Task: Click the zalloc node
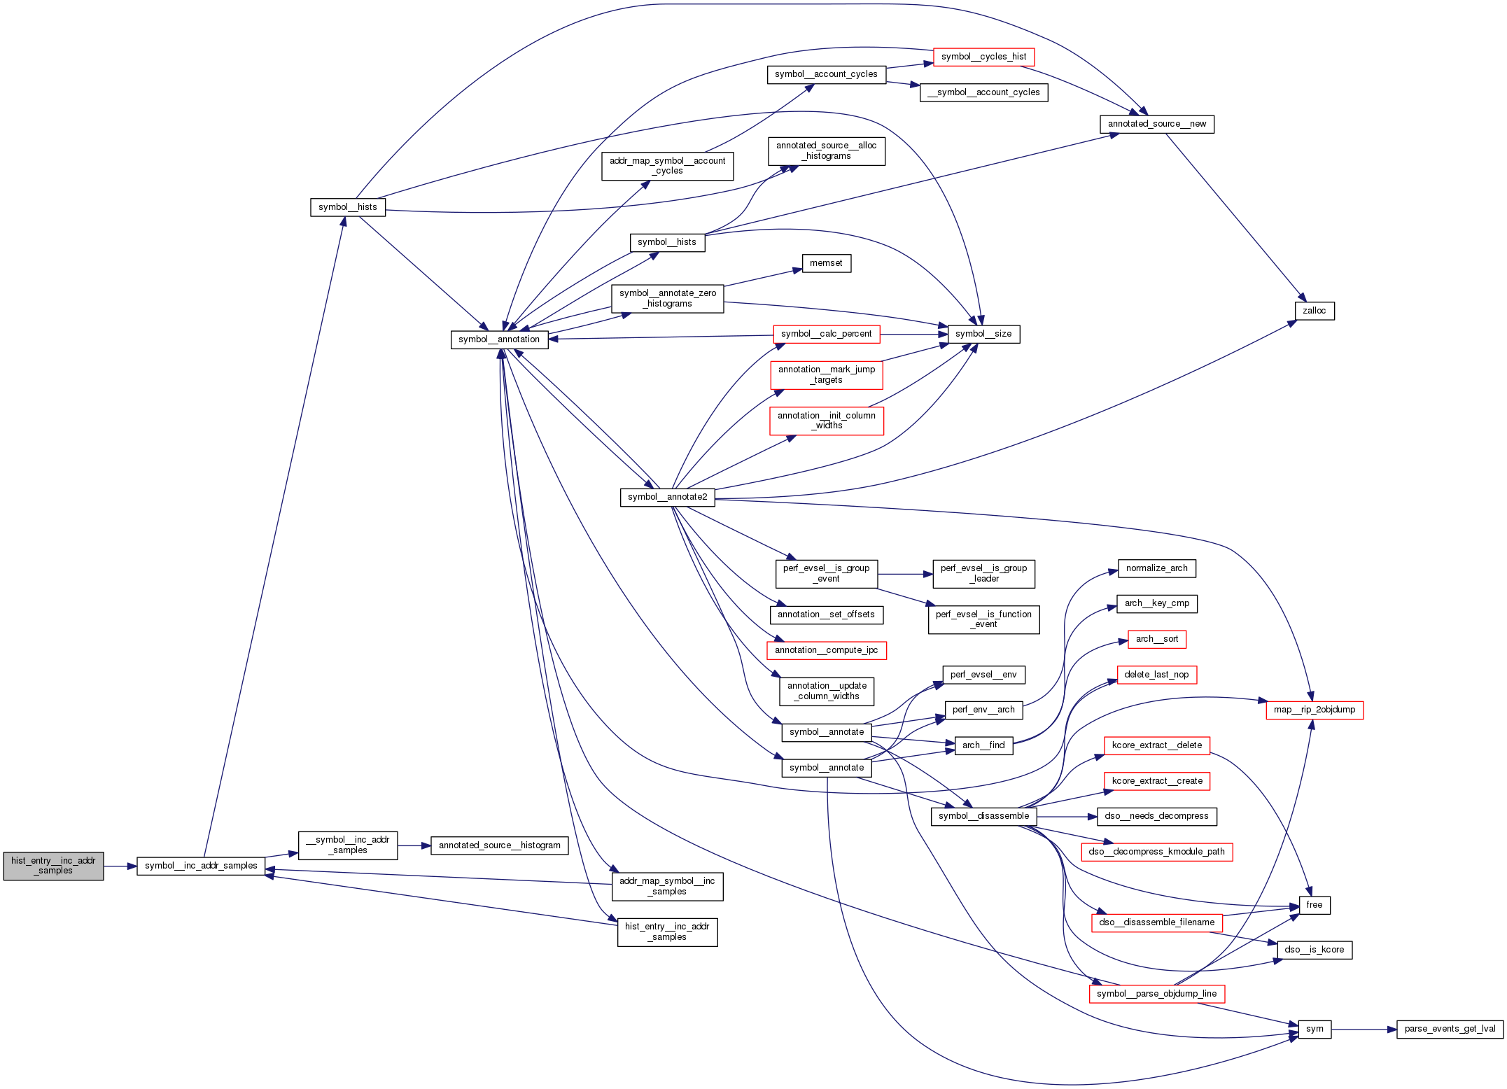pyautogui.click(x=1315, y=311)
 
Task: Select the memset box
pyautogui.click(x=826, y=263)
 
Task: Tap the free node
pyautogui.click(x=1314, y=905)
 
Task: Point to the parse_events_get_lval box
pyautogui.click(x=1450, y=1029)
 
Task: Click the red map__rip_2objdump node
pyautogui.click(x=1315, y=710)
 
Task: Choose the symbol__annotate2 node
pyautogui.click(x=667, y=497)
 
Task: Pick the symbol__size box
pyautogui.click(x=983, y=334)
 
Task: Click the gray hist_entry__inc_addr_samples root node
pyautogui.click(x=53, y=866)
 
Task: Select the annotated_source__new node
pyautogui.click(x=1156, y=124)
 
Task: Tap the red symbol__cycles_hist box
pyautogui.click(x=983, y=57)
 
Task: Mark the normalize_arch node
pyautogui.click(x=1156, y=568)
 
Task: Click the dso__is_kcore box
pyautogui.click(x=1314, y=950)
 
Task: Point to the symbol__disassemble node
pyautogui.click(x=983, y=816)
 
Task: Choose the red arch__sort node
pyautogui.click(x=1156, y=639)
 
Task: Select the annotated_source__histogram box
pyautogui.click(x=499, y=845)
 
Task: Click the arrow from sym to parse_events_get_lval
pyautogui.click(x=1363, y=1030)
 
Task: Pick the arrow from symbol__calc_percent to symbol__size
pyautogui.click(x=913, y=335)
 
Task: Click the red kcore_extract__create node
pyautogui.click(x=1156, y=781)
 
